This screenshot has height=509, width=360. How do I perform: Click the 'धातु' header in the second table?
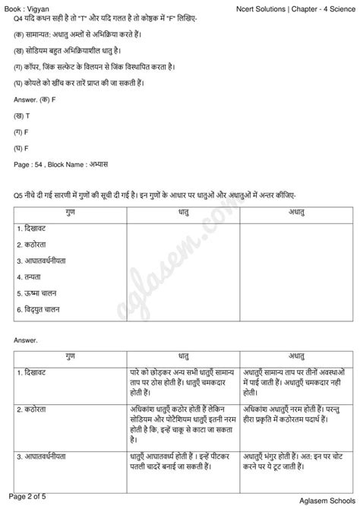click(183, 356)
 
